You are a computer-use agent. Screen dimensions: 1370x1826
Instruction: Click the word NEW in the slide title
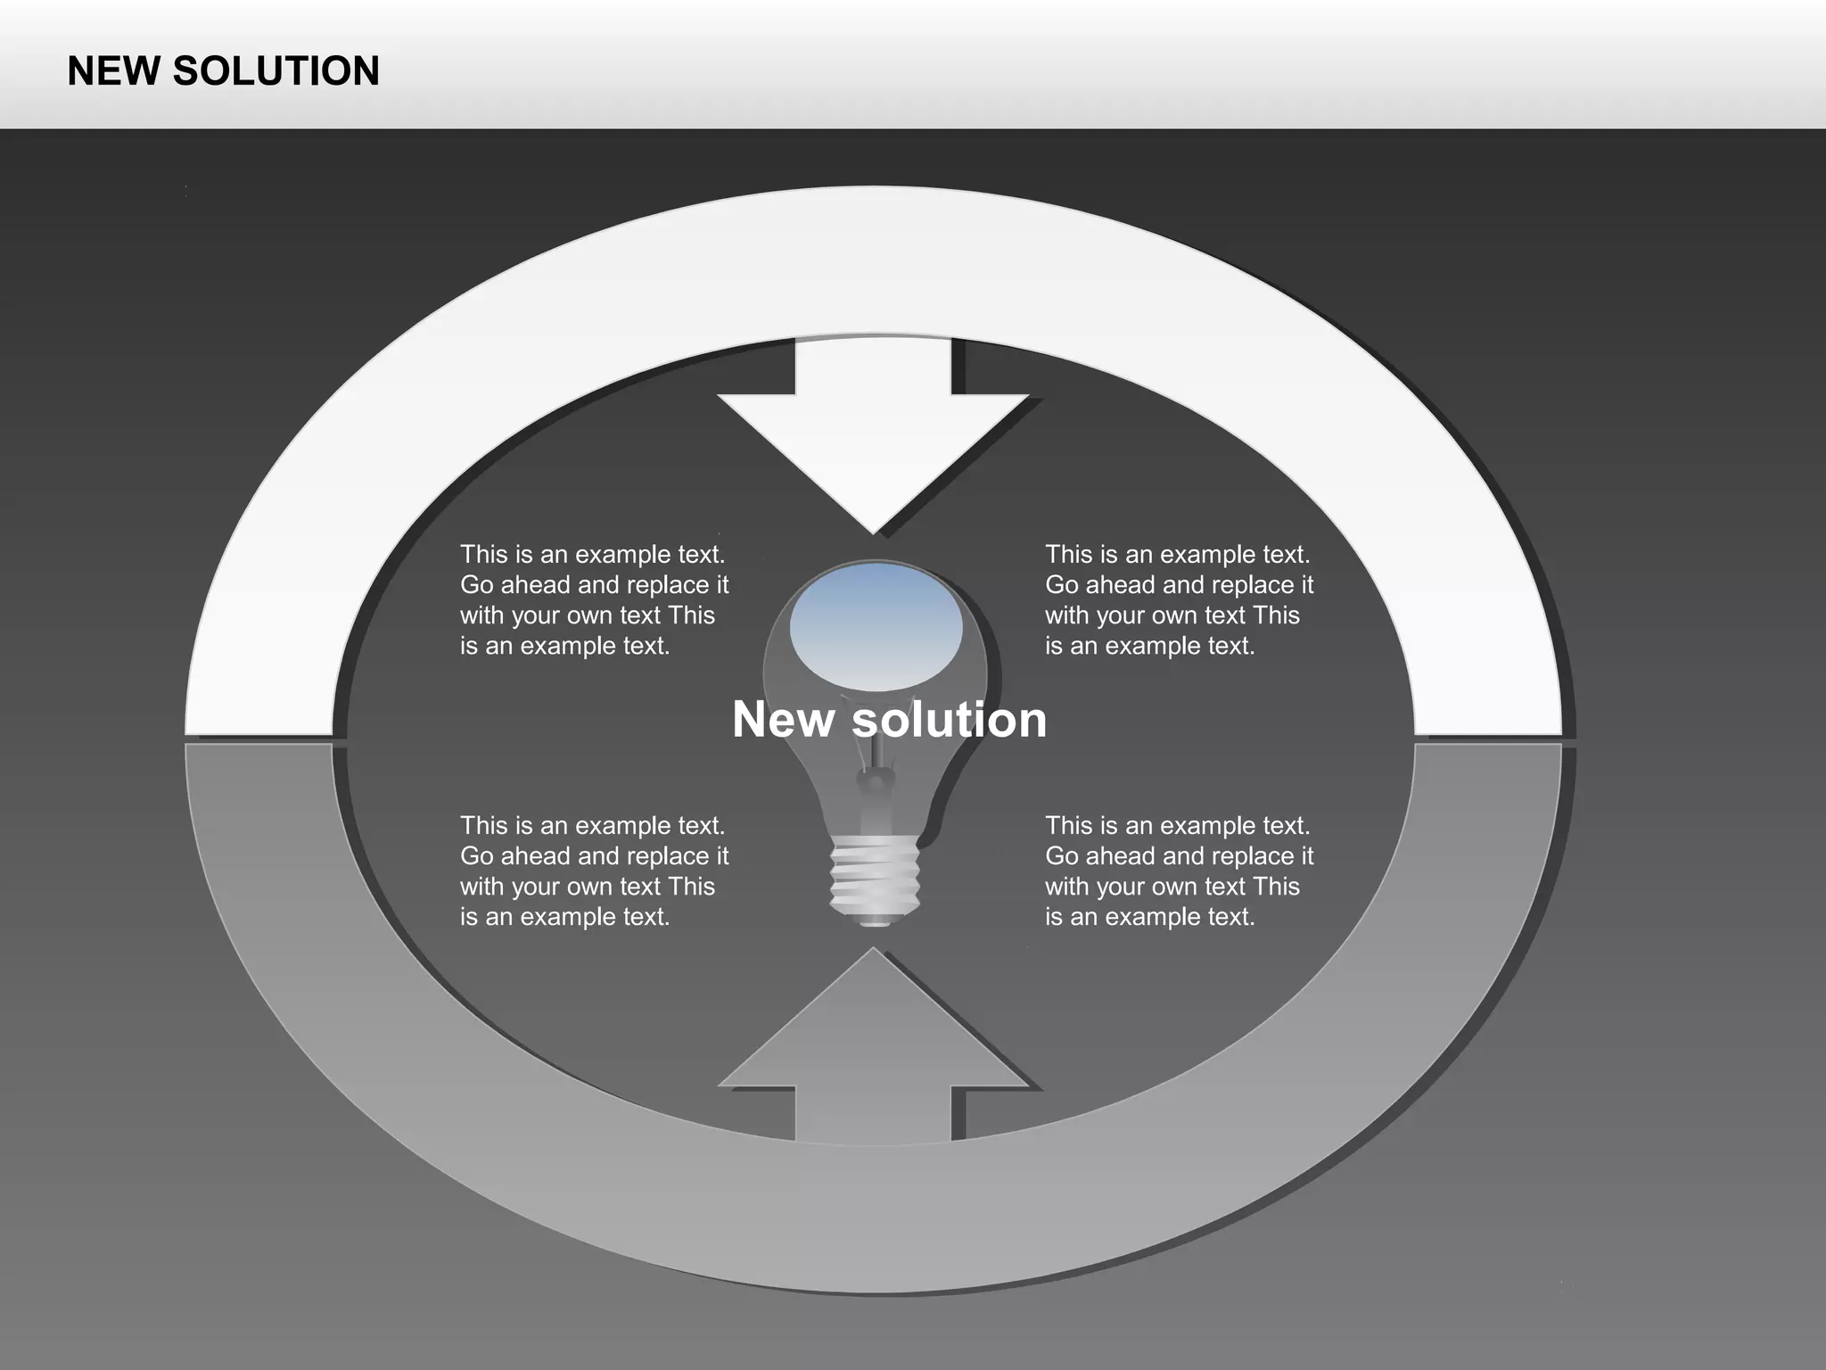coord(114,71)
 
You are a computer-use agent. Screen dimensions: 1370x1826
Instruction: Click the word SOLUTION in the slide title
coord(276,71)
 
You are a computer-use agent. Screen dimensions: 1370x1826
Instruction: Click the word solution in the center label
coord(950,720)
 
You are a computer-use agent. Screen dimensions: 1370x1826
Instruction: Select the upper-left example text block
coord(594,599)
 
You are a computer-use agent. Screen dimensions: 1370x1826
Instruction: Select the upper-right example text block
coord(1179,599)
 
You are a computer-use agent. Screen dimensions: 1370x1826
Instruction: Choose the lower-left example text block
coord(594,871)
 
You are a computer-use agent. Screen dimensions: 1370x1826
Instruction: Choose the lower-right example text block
coord(1179,871)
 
